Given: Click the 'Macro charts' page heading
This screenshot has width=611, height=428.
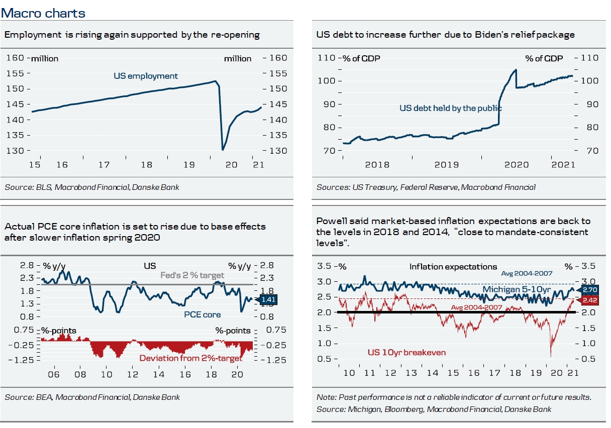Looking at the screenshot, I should coord(43,13).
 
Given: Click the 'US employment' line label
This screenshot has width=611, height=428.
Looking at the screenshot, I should coord(146,76).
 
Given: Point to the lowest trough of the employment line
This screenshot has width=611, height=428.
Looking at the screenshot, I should coord(223,150).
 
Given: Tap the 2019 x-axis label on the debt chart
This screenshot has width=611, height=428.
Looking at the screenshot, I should coord(447,164).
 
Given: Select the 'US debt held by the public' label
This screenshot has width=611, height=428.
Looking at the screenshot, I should coord(450,108).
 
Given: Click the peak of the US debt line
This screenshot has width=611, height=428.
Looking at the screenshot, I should coord(516,70).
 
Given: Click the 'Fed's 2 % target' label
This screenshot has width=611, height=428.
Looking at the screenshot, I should coord(192,275).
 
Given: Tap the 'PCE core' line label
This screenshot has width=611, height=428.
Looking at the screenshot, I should coord(202,314).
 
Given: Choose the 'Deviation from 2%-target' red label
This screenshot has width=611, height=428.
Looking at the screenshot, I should coord(190,358).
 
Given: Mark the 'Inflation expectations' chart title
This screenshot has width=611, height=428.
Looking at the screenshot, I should coord(453,267).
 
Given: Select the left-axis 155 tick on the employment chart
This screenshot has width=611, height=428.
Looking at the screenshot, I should coord(17,74).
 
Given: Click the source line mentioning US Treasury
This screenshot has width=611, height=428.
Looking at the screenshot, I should coord(426,187).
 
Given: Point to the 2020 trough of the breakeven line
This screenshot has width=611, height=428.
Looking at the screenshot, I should coord(551,357).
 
